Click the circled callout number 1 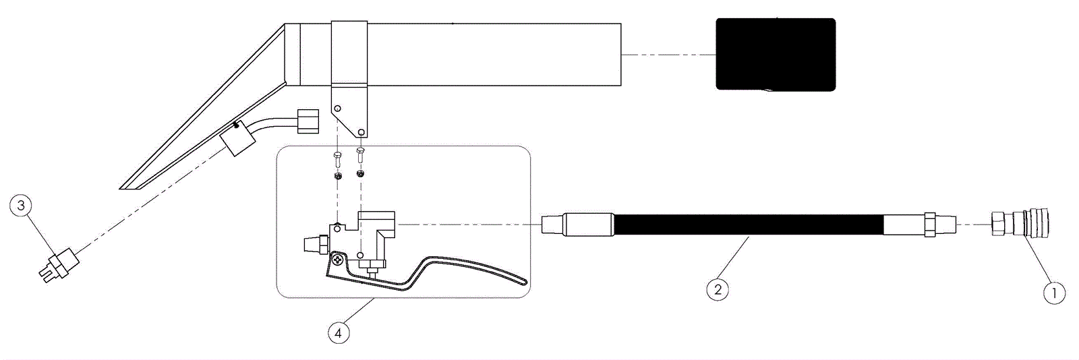(1054, 293)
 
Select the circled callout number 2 (718, 289)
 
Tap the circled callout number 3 (21, 205)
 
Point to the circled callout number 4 (339, 332)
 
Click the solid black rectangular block (776, 54)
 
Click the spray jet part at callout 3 (59, 264)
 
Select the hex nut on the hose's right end (929, 224)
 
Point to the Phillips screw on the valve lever (337, 260)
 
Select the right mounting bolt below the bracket (361, 154)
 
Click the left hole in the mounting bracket (338, 107)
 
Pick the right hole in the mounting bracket (361, 131)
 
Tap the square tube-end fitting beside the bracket (308, 120)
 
